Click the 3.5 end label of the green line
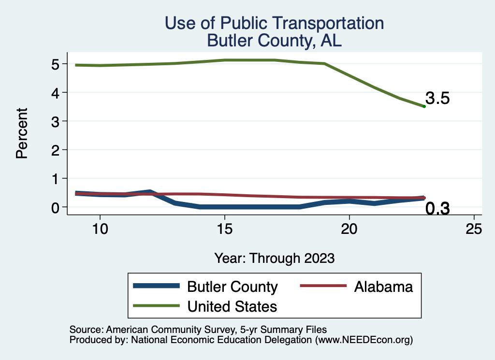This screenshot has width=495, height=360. pyautogui.click(x=437, y=99)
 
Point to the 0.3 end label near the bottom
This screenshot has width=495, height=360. pyautogui.click(x=437, y=209)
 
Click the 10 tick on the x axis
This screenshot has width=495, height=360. pyautogui.click(x=100, y=229)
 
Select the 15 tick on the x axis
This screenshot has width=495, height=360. pyautogui.click(x=224, y=229)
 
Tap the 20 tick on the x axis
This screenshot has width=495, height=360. pyautogui.click(x=349, y=229)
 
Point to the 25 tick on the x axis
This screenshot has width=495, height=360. pyautogui.click(x=474, y=229)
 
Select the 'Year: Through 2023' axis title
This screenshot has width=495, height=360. pyautogui.click(x=275, y=258)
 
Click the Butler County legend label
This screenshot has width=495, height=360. pyautogui.click(x=233, y=287)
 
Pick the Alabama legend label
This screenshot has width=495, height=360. pyautogui.click(x=383, y=287)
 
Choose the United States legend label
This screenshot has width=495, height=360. pyautogui.click(x=232, y=306)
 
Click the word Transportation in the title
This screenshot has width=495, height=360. pyautogui.click(x=320, y=23)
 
